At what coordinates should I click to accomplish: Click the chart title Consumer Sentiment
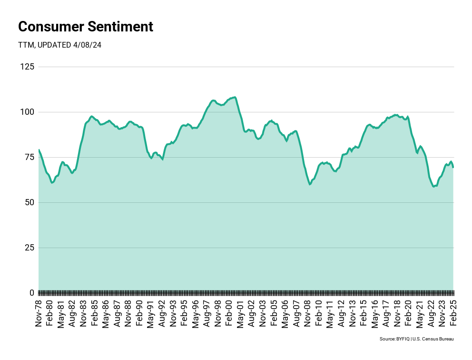click(86, 27)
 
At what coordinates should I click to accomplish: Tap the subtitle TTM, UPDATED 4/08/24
click(60, 45)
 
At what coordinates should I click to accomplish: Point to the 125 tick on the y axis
click(27, 67)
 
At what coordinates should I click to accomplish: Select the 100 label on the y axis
click(27, 112)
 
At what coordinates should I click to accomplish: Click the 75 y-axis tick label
click(29, 157)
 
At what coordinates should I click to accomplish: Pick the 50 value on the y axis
click(29, 202)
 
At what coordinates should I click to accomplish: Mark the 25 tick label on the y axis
click(29, 248)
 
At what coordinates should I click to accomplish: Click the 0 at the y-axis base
click(31, 292)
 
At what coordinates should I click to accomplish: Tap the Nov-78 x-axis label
click(39, 311)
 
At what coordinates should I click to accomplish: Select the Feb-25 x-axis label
click(453, 311)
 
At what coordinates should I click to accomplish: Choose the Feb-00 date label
click(228, 311)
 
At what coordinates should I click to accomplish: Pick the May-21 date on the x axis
click(419, 311)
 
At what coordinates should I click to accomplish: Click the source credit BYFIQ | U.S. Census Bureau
click(416, 339)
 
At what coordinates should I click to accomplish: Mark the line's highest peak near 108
click(235, 97)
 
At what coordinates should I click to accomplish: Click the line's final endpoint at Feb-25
click(453, 167)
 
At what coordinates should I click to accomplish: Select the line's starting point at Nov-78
click(39, 150)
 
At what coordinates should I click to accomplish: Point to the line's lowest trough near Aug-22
click(433, 186)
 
